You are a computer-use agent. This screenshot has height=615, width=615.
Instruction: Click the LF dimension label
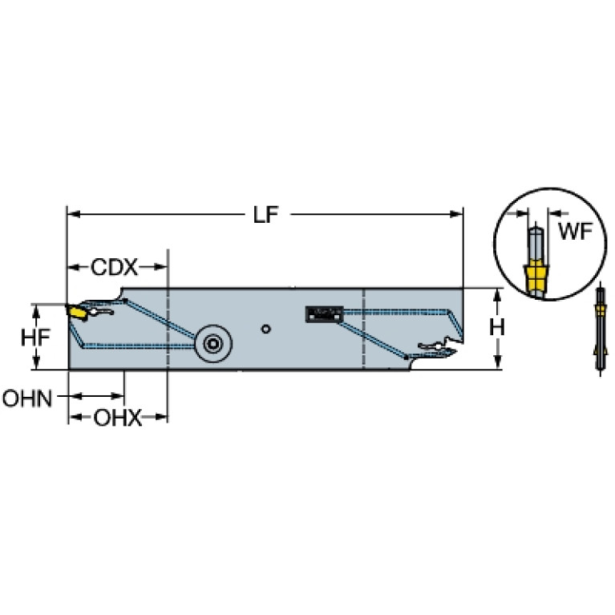[x=265, y=215]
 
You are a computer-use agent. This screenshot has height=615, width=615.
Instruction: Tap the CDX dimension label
[x=114, y=267]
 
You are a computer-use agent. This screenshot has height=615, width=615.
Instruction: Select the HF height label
[x=35, y=337]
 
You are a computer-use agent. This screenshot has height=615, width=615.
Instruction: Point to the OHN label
[x=27, y=399]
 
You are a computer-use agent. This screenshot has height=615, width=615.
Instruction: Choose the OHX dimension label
[x=117, y=418]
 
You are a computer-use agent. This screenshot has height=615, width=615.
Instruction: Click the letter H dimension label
[x=497, y=327]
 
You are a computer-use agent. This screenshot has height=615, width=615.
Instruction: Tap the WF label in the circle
[x=575, y=231]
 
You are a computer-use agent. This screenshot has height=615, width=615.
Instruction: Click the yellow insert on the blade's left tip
[x=78, y=313]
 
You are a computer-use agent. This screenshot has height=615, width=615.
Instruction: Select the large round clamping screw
[x=213, y=344]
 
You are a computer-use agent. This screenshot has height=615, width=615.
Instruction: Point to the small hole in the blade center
[x=266, y=329]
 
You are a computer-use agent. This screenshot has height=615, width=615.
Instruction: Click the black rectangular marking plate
[x=325, y=314]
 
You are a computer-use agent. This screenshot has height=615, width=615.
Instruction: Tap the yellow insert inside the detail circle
[x=536, y=277]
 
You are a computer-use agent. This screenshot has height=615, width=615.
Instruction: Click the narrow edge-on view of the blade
[x=601, y=329]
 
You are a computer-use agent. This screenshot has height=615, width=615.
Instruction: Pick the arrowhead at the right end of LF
[x=457, y=214]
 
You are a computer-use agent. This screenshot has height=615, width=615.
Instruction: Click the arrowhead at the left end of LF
[x=74, y=214]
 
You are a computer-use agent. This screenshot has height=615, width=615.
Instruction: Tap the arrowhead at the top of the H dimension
[x=497, y=295]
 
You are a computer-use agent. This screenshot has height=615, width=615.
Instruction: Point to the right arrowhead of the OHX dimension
[x=161, y=416]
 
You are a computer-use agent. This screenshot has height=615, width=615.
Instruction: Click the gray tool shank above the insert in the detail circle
[x=536, y=244]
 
